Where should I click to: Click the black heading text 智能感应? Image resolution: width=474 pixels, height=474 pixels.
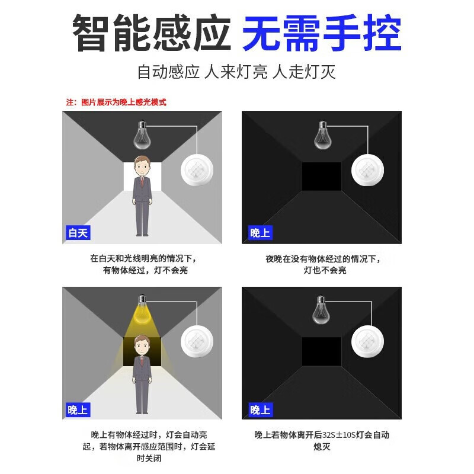(151, 34)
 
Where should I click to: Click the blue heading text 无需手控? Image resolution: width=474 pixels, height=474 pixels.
(322, 34)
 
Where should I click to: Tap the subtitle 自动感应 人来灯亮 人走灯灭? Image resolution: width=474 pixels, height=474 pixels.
(236, 73)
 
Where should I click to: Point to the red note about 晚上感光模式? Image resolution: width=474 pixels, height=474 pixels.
(116, 103)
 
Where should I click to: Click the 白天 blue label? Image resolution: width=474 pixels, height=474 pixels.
(78, 233)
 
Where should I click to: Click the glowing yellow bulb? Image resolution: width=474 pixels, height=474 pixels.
(141, 311)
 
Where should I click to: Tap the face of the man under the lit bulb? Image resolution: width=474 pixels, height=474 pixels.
(141, 345)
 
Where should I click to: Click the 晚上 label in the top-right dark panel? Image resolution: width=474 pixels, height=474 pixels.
(259, 233)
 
